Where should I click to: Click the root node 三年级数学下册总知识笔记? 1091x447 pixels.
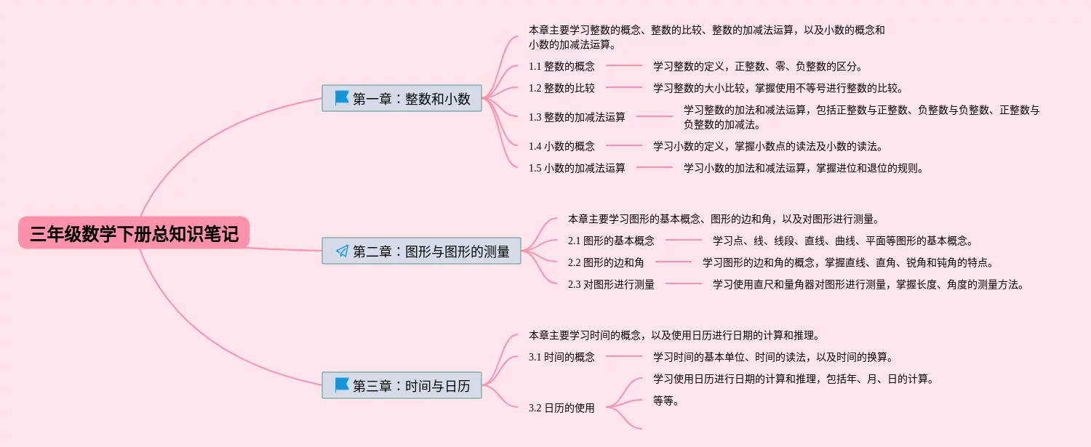(x=134, y=233)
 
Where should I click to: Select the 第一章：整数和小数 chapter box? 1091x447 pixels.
(x=402, y=98)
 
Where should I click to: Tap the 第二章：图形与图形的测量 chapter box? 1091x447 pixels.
(x=422, y=251)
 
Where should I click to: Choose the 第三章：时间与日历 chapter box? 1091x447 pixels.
(x=402, y=384)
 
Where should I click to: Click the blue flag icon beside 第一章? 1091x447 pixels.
(x=342, y=97)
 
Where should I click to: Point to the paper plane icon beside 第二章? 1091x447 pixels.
(x=342, y=251)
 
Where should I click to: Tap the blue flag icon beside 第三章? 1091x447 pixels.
(x=342, y=384)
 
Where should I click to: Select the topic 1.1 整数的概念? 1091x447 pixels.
(x=562, y=66)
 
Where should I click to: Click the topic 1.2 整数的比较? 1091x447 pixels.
(x=562, y=88)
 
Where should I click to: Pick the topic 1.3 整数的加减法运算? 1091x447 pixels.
(x=577, y=116)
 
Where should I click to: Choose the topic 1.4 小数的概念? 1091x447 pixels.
(x=562, y=146)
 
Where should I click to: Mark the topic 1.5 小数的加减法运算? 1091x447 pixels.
(x=577, y=168)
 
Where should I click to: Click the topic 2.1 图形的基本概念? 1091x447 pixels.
(x=611, y=241)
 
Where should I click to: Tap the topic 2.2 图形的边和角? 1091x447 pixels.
(x=606, y=262)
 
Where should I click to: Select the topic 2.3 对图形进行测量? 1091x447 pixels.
(x=611, y=284)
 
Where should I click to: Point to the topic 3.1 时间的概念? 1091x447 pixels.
(x=562, y=357)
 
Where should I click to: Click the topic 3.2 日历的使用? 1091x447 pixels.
(x=562, y=408)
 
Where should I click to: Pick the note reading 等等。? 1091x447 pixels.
(x=666, y=400)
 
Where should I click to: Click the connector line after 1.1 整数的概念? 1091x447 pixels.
(x=624, y=66)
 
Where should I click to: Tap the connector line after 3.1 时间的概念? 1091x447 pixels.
(x=624, y=357)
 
